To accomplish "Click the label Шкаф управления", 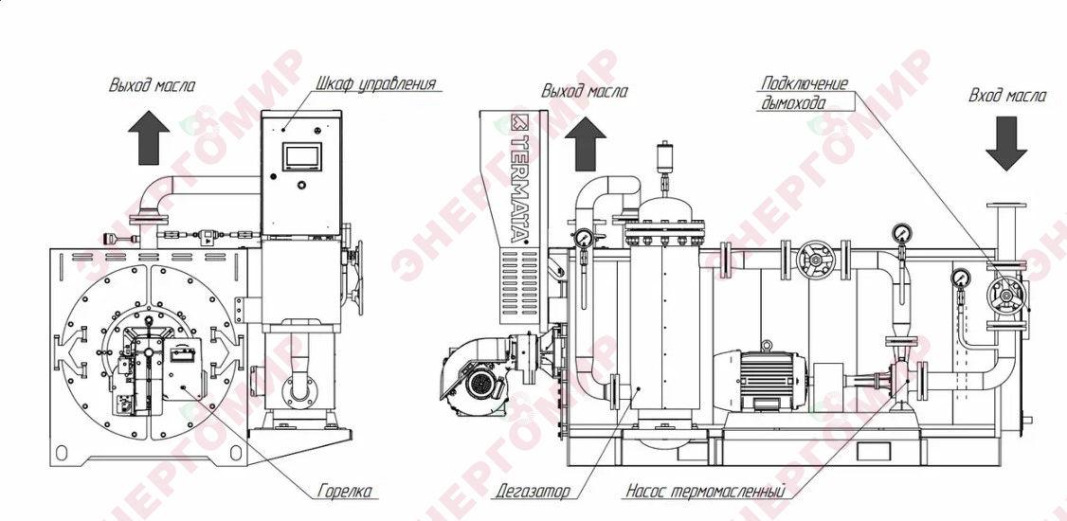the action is (x=375, y=84).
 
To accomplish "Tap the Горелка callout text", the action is (x=347, y=491).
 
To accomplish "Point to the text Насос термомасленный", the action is (x=706, y=491).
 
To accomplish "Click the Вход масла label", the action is (x=1007, y=96).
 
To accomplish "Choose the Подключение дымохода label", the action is (x=804, y=93).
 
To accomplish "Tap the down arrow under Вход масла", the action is (x=1007, y=143).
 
